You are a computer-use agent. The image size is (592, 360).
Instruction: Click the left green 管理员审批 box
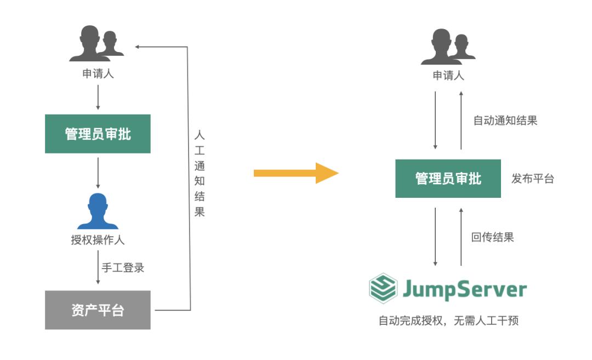98,134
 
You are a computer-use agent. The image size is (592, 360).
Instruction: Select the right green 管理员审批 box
448,179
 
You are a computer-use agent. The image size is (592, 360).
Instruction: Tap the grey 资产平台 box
98,310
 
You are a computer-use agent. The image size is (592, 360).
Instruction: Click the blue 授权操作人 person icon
98,211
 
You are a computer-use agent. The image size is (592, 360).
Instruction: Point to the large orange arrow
296,173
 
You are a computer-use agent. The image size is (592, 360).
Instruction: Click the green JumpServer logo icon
383,289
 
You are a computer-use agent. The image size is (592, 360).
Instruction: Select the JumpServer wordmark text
465,289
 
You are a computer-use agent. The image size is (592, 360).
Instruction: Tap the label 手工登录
123,268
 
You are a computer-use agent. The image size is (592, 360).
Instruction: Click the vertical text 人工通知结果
200,174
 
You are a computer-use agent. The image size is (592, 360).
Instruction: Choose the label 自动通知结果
505,121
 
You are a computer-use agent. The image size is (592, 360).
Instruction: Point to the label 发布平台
532,179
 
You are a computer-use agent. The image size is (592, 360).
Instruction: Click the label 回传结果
492,237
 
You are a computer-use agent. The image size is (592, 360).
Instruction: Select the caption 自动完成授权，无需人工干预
448,321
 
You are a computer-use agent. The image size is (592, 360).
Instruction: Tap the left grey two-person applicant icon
96,44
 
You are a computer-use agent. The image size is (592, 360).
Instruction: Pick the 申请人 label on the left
98,73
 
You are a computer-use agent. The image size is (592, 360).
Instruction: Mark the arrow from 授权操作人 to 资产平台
98,268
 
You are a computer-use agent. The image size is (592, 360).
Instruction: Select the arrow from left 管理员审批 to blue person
98,173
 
